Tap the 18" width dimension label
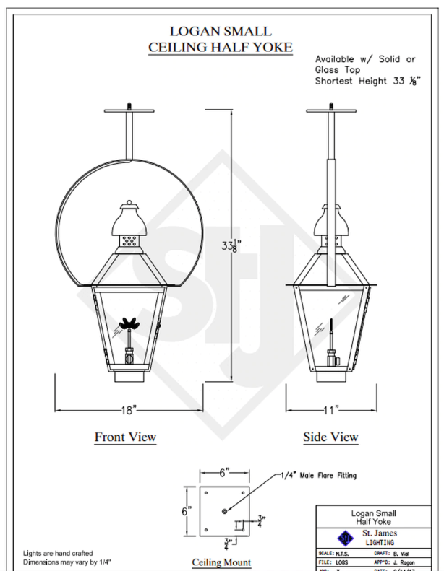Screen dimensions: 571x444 (129, 410)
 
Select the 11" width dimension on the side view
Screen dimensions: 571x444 (331, 410)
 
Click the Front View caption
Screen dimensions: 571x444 (125, 437)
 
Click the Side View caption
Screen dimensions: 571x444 (330, 437)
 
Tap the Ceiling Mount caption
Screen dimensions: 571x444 (221, 562)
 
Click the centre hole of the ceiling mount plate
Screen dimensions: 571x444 (224, 511)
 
